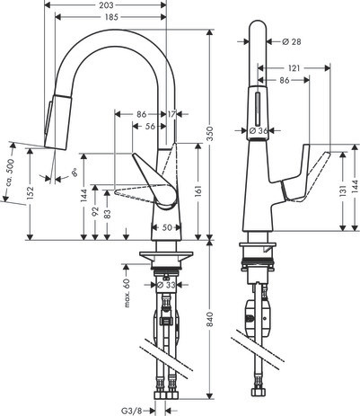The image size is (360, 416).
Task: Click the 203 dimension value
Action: (x=106, y=5)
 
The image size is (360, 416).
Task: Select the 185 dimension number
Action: (x=111, y=17)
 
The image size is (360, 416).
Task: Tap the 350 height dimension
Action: (x=210, y=134)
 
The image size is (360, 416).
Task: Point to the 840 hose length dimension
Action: (x=210, y=319)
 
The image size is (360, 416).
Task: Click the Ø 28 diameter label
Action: (x=292, y=41)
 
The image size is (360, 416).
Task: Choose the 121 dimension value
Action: (x=294, y=68)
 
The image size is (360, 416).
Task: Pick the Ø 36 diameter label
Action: (x=258, y=130)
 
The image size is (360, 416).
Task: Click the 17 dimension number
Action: (x=171, y=114)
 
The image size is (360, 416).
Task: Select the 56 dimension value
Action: (x=150, y=127)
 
